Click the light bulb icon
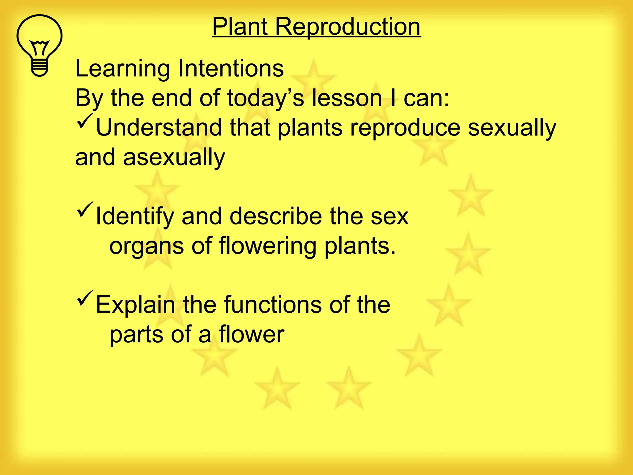(x=39, y=45)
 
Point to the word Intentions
(x=231, y=68)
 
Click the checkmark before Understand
(x=84, y=122)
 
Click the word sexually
(x=512, y=128)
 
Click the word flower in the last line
(x=251, y=335)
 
